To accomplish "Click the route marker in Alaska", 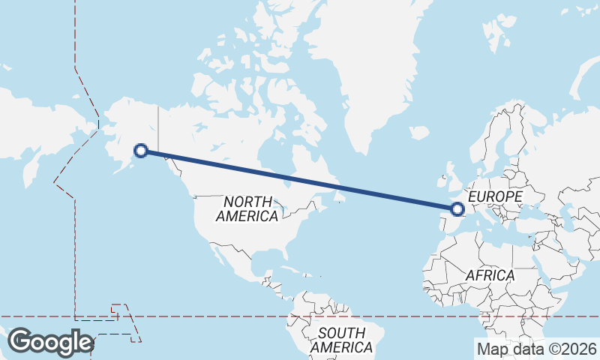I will pyautogui.click(x=139, y=151).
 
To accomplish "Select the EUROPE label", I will pyautogui.click(x=494, y=196).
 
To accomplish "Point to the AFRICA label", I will pyautogui.click(x=490, y=275).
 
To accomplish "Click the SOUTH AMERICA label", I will pyautogui.click(x=341, y=340).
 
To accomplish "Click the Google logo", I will pyautogui.click(x=50, y=342).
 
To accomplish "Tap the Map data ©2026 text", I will pyautogui.click(x=537, y=349).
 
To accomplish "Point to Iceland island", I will pyautogui.click(x=419, y=133).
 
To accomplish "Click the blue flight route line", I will pyautogui.click(x=300, y=181).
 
